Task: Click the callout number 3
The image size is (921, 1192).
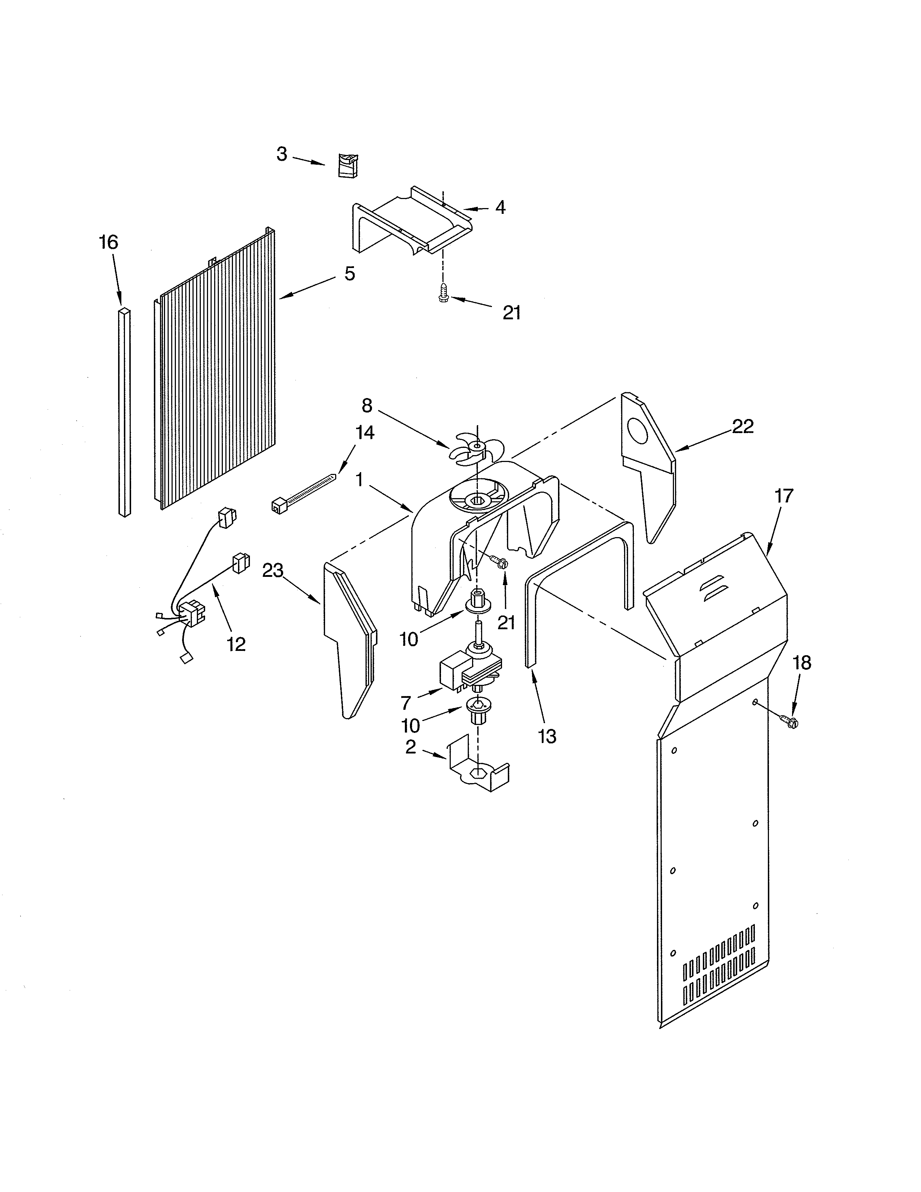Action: pyautogui.click(x=282, y=155)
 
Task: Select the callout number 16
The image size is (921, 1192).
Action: pyautogui.click(x=109, y=242)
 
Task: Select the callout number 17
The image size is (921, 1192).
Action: pyautogui.click(x=783, y=496)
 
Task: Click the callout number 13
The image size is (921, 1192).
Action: pyautogui.click(x=547, y=736)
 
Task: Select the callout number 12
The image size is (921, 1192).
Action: pyautogui.click(x=236, y=644)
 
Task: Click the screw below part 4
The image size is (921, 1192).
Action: pyautogui.click(x=444, y=295)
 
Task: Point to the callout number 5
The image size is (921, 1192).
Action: pyautogui.click(x=350, y=273)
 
